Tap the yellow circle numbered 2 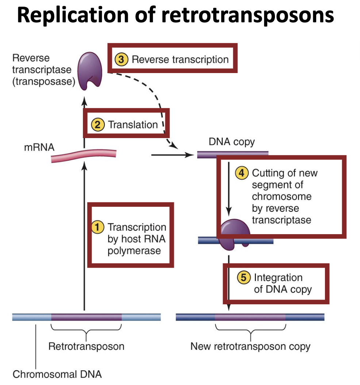pyautogui.click(x=97, y=125)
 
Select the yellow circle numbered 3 pyautogui.click(x=121, y=59)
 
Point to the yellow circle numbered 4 pyautogui.click(x=241, y=173)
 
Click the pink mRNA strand pyautogui.click(x=84, y=155)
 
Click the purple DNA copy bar pyautogui.click(x=233, y=155)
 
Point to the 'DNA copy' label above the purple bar pyautogui.click(x=231, y=142)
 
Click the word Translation pyautogui.click(x=133, y=125)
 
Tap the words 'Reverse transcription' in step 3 pyautogui.click(x=180, y=59)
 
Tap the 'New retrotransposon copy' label pyautogui.click(x=250, y=346)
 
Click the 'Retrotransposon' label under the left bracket pyautogui.click(x=86, y=346)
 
